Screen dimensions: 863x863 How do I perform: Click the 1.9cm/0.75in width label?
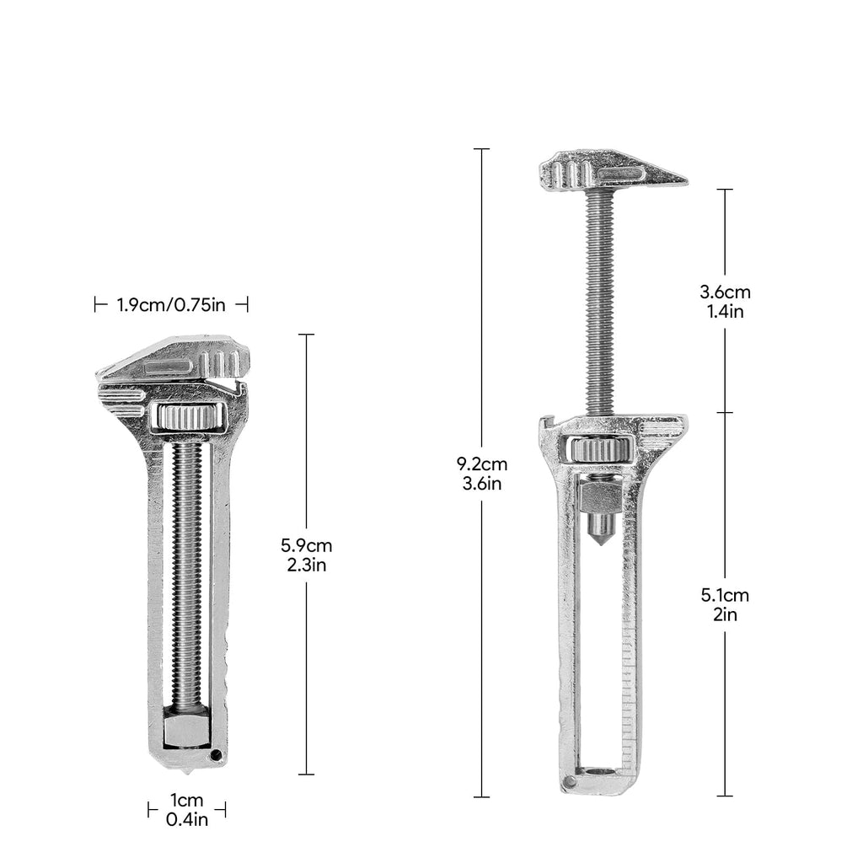click(171, 304)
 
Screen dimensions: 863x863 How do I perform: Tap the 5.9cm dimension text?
click(307, 545)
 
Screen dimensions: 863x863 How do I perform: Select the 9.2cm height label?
click(482, 464)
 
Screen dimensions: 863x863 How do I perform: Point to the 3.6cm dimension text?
click(726, 292)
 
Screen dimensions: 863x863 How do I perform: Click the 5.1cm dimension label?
click(726, 595)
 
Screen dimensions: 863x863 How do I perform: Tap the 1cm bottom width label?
click(187, 800)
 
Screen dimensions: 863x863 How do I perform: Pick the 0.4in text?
click(187, 819)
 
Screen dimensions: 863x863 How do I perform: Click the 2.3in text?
click(307, 566)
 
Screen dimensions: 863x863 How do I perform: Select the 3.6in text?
click(482, 484)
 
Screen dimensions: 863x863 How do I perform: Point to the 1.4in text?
click(726, 312)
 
